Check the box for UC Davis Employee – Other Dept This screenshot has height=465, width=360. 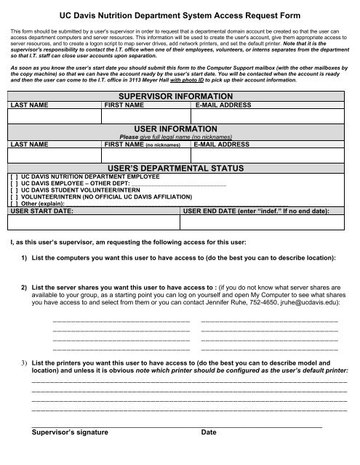[x=14, y=185]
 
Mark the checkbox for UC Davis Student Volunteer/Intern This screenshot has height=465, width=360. [x=14, y=192]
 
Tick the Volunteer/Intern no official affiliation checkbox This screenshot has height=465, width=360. [x=14, y=199]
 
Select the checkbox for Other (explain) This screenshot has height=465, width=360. [x=14, y=206]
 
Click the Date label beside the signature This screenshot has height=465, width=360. [x=209, y=433]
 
